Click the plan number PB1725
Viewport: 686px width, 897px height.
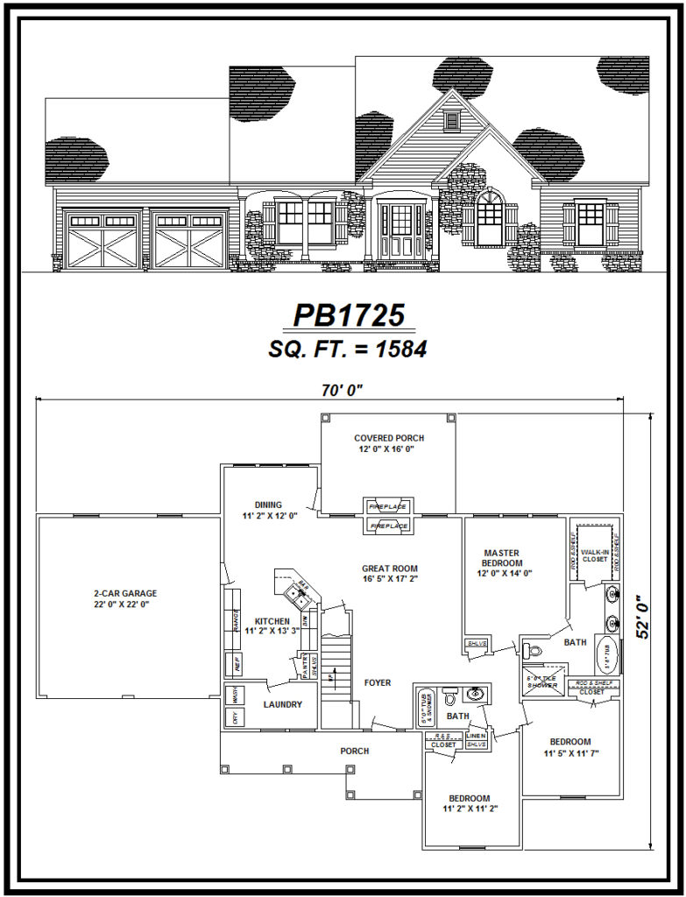(x=348, y=315)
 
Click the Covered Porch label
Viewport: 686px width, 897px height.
(x=389, y=442)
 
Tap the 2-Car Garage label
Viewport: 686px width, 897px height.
(x=125, y=598)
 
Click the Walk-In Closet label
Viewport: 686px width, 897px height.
(x=594, y=553)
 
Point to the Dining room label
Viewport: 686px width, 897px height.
(x=268, y=510)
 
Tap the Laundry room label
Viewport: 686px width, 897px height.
(x=282, y=704)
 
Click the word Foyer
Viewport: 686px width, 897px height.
(x=377, y=682)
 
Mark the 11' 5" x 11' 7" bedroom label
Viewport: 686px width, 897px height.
(x=570, y=746)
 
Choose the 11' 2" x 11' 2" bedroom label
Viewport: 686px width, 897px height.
(x=469, y=803)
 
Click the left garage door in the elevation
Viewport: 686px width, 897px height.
(x=103, y=239)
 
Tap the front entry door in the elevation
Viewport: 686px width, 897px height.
(x=401, y=231)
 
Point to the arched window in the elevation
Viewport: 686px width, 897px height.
(x=490, y=218)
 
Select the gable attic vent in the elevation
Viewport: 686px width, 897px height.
(x=452, y=120)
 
